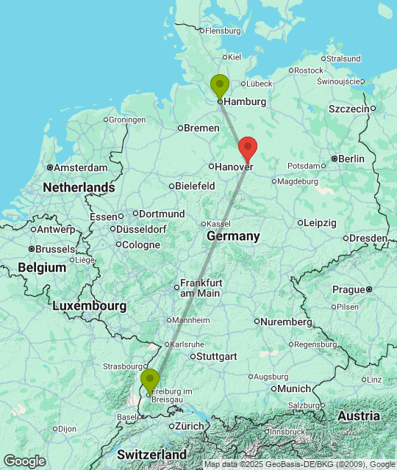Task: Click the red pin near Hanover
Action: tap(248, 148)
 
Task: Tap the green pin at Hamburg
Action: tap(219, 85)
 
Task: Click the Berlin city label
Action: tap(351, 159)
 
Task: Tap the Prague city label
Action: tap(348, 289)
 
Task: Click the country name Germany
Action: tap(233, 236)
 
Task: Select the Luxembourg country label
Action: tap(89, 305)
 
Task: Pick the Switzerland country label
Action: tap(151, 455)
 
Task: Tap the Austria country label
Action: tap(359, 416)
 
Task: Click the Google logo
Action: tap(24, 461)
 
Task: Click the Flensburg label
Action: tap(223, 31)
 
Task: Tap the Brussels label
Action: tap(55, 250)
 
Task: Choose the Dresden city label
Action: tap(368, 238)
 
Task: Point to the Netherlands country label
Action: tap(79, 188)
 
